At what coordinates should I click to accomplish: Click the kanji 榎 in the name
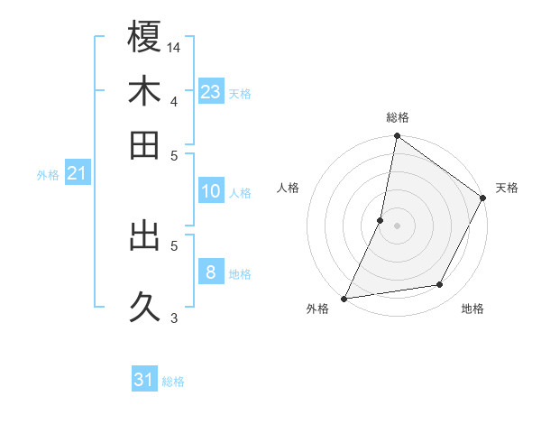pyautogui.click(x=144, y=38)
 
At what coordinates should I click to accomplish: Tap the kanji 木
pyautogui.click(x=144, y=91)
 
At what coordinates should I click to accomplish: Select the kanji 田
pyautogui.click(x=144, y=144)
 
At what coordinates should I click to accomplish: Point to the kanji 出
pyautogui.click(x=144, y=236)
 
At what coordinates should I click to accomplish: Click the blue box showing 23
pyautogui.click(x=210, y=92)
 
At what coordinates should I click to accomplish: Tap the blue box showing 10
pyautogui.click(x=210, y=191)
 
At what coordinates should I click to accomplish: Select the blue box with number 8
pyautogui.click(x=210, y=272)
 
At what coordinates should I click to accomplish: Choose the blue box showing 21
pyautogui.click(x=77, y=174)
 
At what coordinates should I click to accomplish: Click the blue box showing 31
pyautogui.click(x=144, y=381)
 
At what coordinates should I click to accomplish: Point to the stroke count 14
pyautogui.click(x=175, y=46)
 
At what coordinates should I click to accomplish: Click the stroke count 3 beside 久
pyautogui.click(x=173, y=317)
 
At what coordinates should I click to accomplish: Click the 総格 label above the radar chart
pyautogui.click(x=398, y=117)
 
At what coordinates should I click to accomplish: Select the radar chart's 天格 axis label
pyautogui.click(x=507, y=188)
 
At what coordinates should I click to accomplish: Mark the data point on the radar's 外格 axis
pyautogui.click(x=344, y=298)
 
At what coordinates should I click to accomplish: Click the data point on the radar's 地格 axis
pyautogui.click(x=440, y=285)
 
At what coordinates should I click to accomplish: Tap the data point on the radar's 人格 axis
pyautogui.click(x=381, y=220)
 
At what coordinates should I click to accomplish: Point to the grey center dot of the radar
pyautogui.click(x=398, y=226)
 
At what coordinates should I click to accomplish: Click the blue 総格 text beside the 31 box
pyautogui.click(x=173, y=382)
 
